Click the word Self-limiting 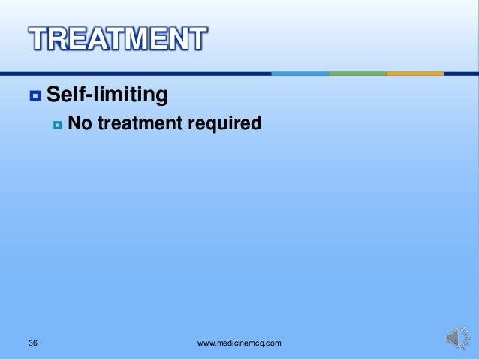pos(107,95)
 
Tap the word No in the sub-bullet pos(80,123)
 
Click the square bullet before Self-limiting pos(34,96)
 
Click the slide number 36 pos(32,343)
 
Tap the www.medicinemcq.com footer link pos(239,343)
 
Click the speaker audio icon pos(456,338)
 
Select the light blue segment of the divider pos(300,74)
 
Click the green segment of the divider pos(357,74)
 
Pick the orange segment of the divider pos(415,74)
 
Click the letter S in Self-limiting pos(54,95)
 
